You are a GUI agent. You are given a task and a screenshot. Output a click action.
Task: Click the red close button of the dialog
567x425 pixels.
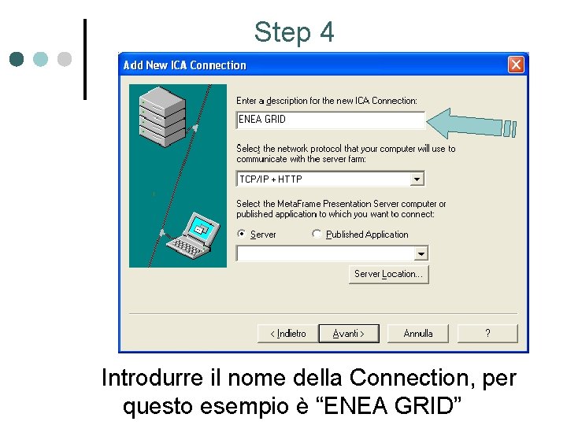(516, 65)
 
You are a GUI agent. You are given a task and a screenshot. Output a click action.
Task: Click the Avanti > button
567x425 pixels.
(348, 334)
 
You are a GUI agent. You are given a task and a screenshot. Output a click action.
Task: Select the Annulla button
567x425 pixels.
(418, 334)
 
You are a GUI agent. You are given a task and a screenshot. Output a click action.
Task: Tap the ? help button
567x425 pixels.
(487, 334)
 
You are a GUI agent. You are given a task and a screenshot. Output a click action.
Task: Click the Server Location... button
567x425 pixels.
(389, 274)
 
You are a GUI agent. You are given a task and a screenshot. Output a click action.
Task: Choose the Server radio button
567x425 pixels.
(241, 235)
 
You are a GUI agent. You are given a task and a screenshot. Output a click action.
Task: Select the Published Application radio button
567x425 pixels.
(317, 235)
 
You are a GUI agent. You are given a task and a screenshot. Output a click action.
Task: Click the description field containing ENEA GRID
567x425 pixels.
(330, 120)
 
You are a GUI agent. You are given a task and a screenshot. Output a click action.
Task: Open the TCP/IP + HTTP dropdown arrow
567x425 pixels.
(417, 179)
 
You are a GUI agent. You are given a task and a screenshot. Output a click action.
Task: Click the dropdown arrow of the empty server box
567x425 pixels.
(421, 253)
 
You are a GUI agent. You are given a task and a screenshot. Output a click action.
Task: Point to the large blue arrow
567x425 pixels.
(472, 124)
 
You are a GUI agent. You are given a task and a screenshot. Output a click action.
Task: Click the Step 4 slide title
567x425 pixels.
(294, 32)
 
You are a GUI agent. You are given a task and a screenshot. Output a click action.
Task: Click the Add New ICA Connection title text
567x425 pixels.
(184, 65)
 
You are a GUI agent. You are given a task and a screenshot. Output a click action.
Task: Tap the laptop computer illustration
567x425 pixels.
(194, 236)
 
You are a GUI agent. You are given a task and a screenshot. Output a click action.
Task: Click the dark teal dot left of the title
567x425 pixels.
(17, 59)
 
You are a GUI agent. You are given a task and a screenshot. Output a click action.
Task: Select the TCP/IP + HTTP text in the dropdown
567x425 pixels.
(271, 179)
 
